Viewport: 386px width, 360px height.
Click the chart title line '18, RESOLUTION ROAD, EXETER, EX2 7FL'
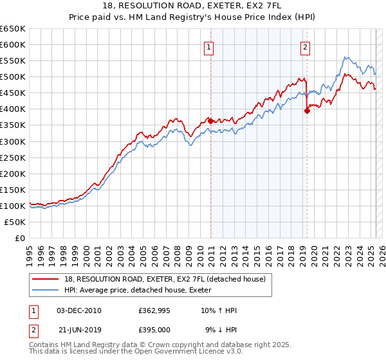[192, 6]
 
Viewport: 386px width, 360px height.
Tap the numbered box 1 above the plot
[210, 46]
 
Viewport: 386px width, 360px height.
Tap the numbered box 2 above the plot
[304, 46]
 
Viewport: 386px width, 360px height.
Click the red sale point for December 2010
[210, 120]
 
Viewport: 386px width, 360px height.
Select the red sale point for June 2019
[307, 110]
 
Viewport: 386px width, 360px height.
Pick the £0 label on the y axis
[20, 238]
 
